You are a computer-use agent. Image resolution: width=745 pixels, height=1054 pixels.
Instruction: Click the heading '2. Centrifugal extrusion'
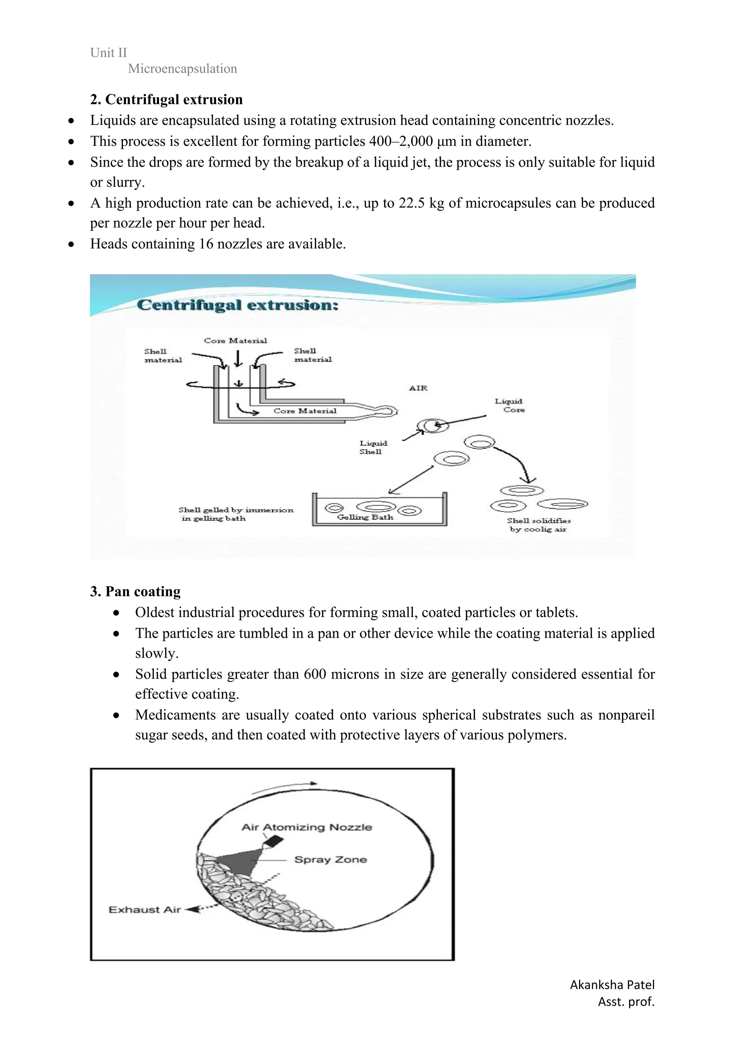coord(166,100)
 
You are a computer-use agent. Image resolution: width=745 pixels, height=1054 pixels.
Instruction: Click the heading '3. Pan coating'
coord(135,591)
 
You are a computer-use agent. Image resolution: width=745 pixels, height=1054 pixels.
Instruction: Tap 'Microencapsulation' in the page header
coord(182,69)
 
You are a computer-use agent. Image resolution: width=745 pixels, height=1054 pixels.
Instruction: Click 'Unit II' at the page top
coord(108,53)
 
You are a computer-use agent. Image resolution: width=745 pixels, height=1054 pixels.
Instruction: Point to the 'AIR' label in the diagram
coord(418,388)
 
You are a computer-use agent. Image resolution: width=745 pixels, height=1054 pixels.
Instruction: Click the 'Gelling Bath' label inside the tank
coord(365,517)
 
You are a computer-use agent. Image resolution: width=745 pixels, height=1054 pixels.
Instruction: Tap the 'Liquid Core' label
coord(510,405)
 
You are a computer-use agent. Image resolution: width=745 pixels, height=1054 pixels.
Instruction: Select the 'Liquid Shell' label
coord(373,447)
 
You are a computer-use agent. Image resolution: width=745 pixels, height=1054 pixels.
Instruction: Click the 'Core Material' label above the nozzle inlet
coord(235,341)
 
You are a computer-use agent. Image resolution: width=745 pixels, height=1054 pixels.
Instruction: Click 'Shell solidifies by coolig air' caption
coord(538,525)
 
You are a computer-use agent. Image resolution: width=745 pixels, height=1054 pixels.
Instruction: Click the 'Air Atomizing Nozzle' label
coord(307,827)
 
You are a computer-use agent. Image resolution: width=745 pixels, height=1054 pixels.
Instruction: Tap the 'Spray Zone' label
coord(331,860)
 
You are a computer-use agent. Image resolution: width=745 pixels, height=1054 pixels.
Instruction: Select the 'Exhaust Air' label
coord(144,910)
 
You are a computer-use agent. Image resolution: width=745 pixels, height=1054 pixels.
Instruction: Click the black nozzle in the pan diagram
coord(274,842)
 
